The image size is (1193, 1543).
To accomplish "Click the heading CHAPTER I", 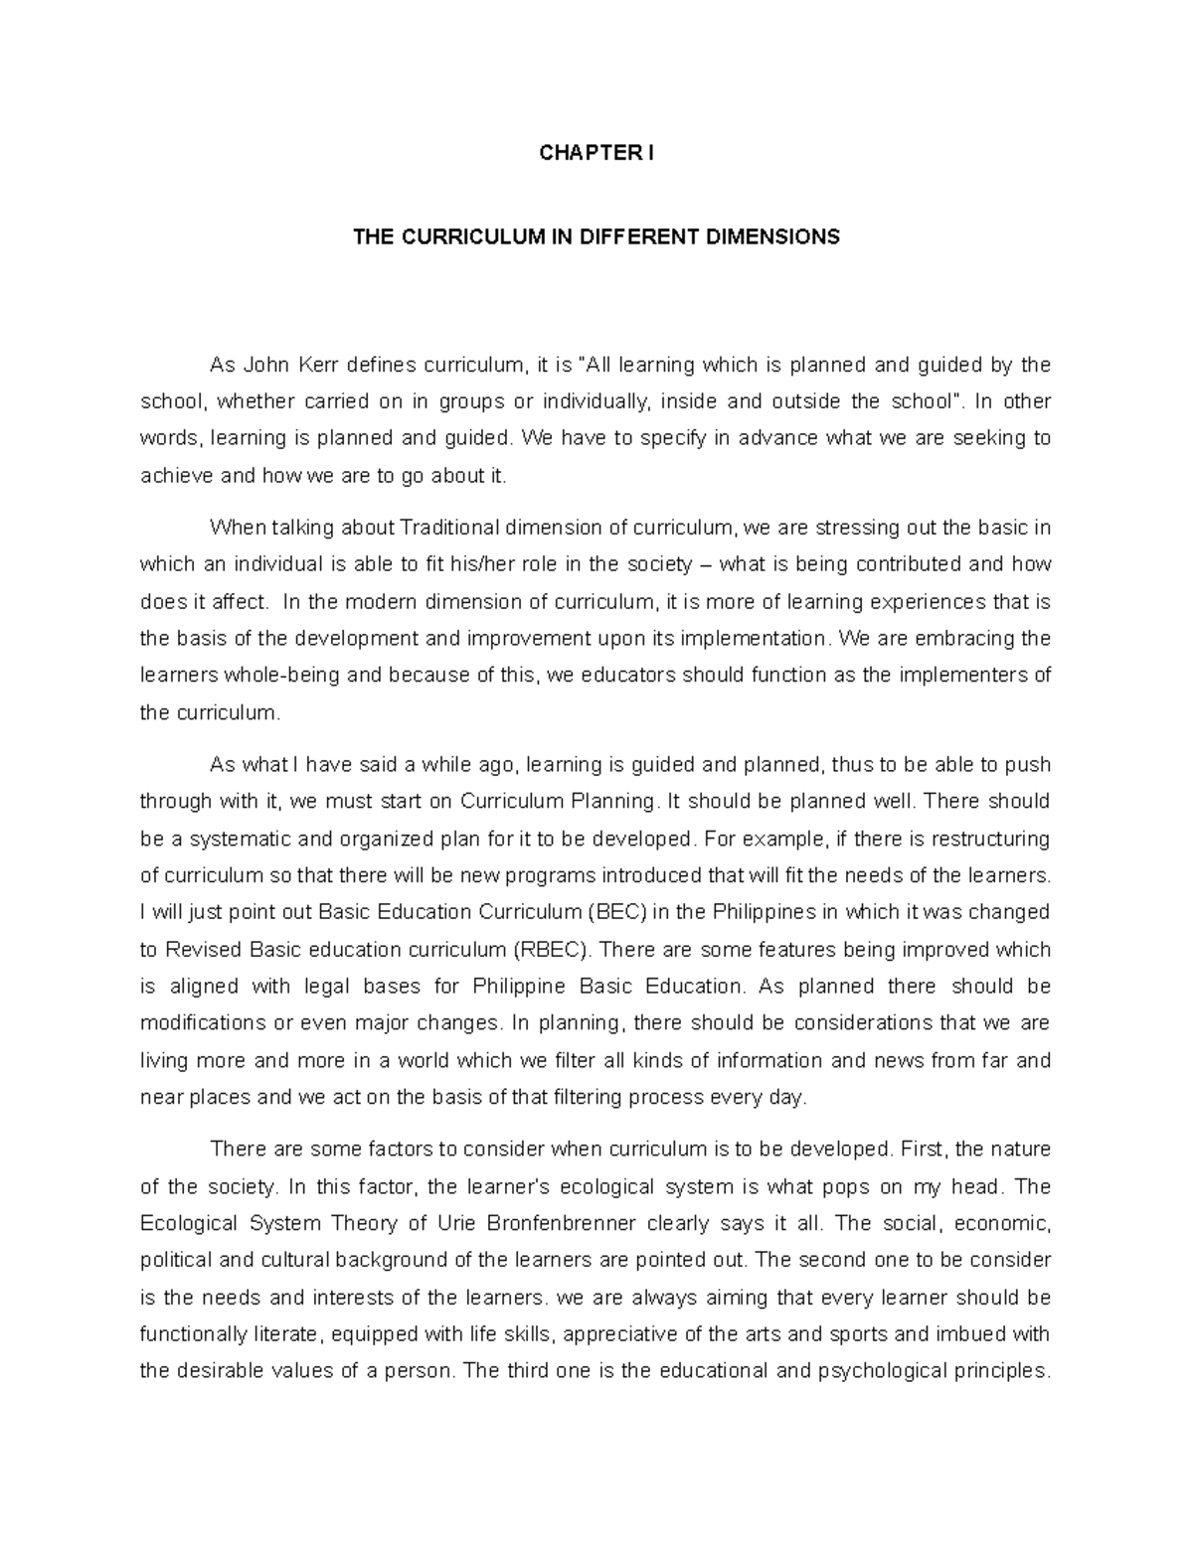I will [x=596, y=153].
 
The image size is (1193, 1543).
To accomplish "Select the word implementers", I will [x=967, y=676].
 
